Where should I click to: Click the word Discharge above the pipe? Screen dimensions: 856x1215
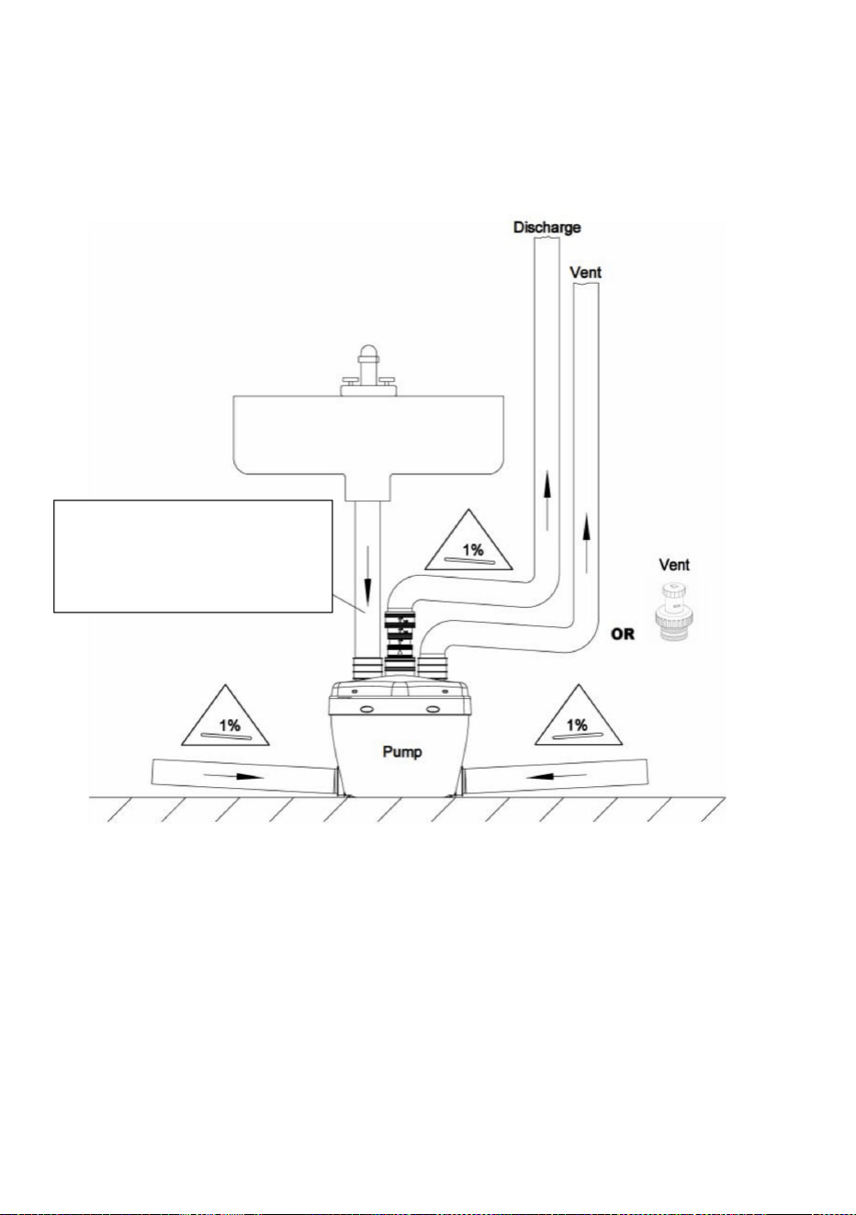tap(546, 227)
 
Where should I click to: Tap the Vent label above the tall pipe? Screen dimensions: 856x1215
tap(586, 272)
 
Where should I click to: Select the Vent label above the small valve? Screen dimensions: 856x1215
tap(674, 565)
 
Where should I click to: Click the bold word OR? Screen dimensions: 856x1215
tap(623, 634)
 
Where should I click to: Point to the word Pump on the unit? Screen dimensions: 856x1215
tap(402, 752)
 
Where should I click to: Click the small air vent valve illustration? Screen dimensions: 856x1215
tap(674, 613)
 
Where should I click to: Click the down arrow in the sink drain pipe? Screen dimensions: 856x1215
tap(367, 576)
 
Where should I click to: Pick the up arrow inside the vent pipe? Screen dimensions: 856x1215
tap(586, 544)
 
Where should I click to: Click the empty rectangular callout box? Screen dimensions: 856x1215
tap(193, 556)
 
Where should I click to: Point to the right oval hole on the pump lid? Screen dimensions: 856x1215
tap(433, 709)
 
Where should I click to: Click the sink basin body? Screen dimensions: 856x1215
tap(368, 439)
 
